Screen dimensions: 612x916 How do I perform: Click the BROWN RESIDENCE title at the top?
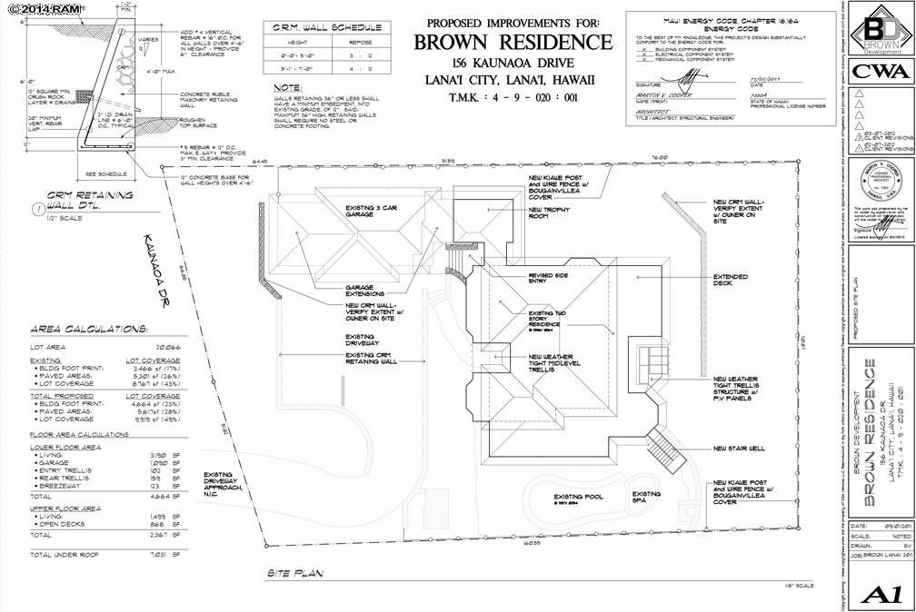[513, 43]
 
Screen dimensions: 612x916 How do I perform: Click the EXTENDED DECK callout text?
[731, 280]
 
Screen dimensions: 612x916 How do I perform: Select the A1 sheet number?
[879, 594]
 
